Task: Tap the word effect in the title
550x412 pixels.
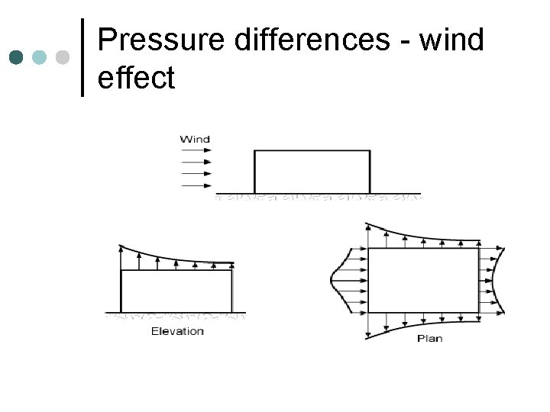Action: [x=137, y=77]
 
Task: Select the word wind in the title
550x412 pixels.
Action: [x=451, y=40]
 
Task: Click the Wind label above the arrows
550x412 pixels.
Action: [x=195, y=139]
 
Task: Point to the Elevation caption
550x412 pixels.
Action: [x=177, y=330]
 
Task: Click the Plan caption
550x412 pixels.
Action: [x=429, y=338]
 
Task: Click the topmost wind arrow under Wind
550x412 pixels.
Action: [x=196, y=151]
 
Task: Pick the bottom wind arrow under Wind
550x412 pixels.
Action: [x=196, y=184]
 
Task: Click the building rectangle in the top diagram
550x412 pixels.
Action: [x=312, y=172]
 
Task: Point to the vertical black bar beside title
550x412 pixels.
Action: [x=82, y=57]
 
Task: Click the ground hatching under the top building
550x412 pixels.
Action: [x=317, y=198]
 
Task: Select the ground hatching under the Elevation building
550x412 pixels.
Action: [x=176, y=316]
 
